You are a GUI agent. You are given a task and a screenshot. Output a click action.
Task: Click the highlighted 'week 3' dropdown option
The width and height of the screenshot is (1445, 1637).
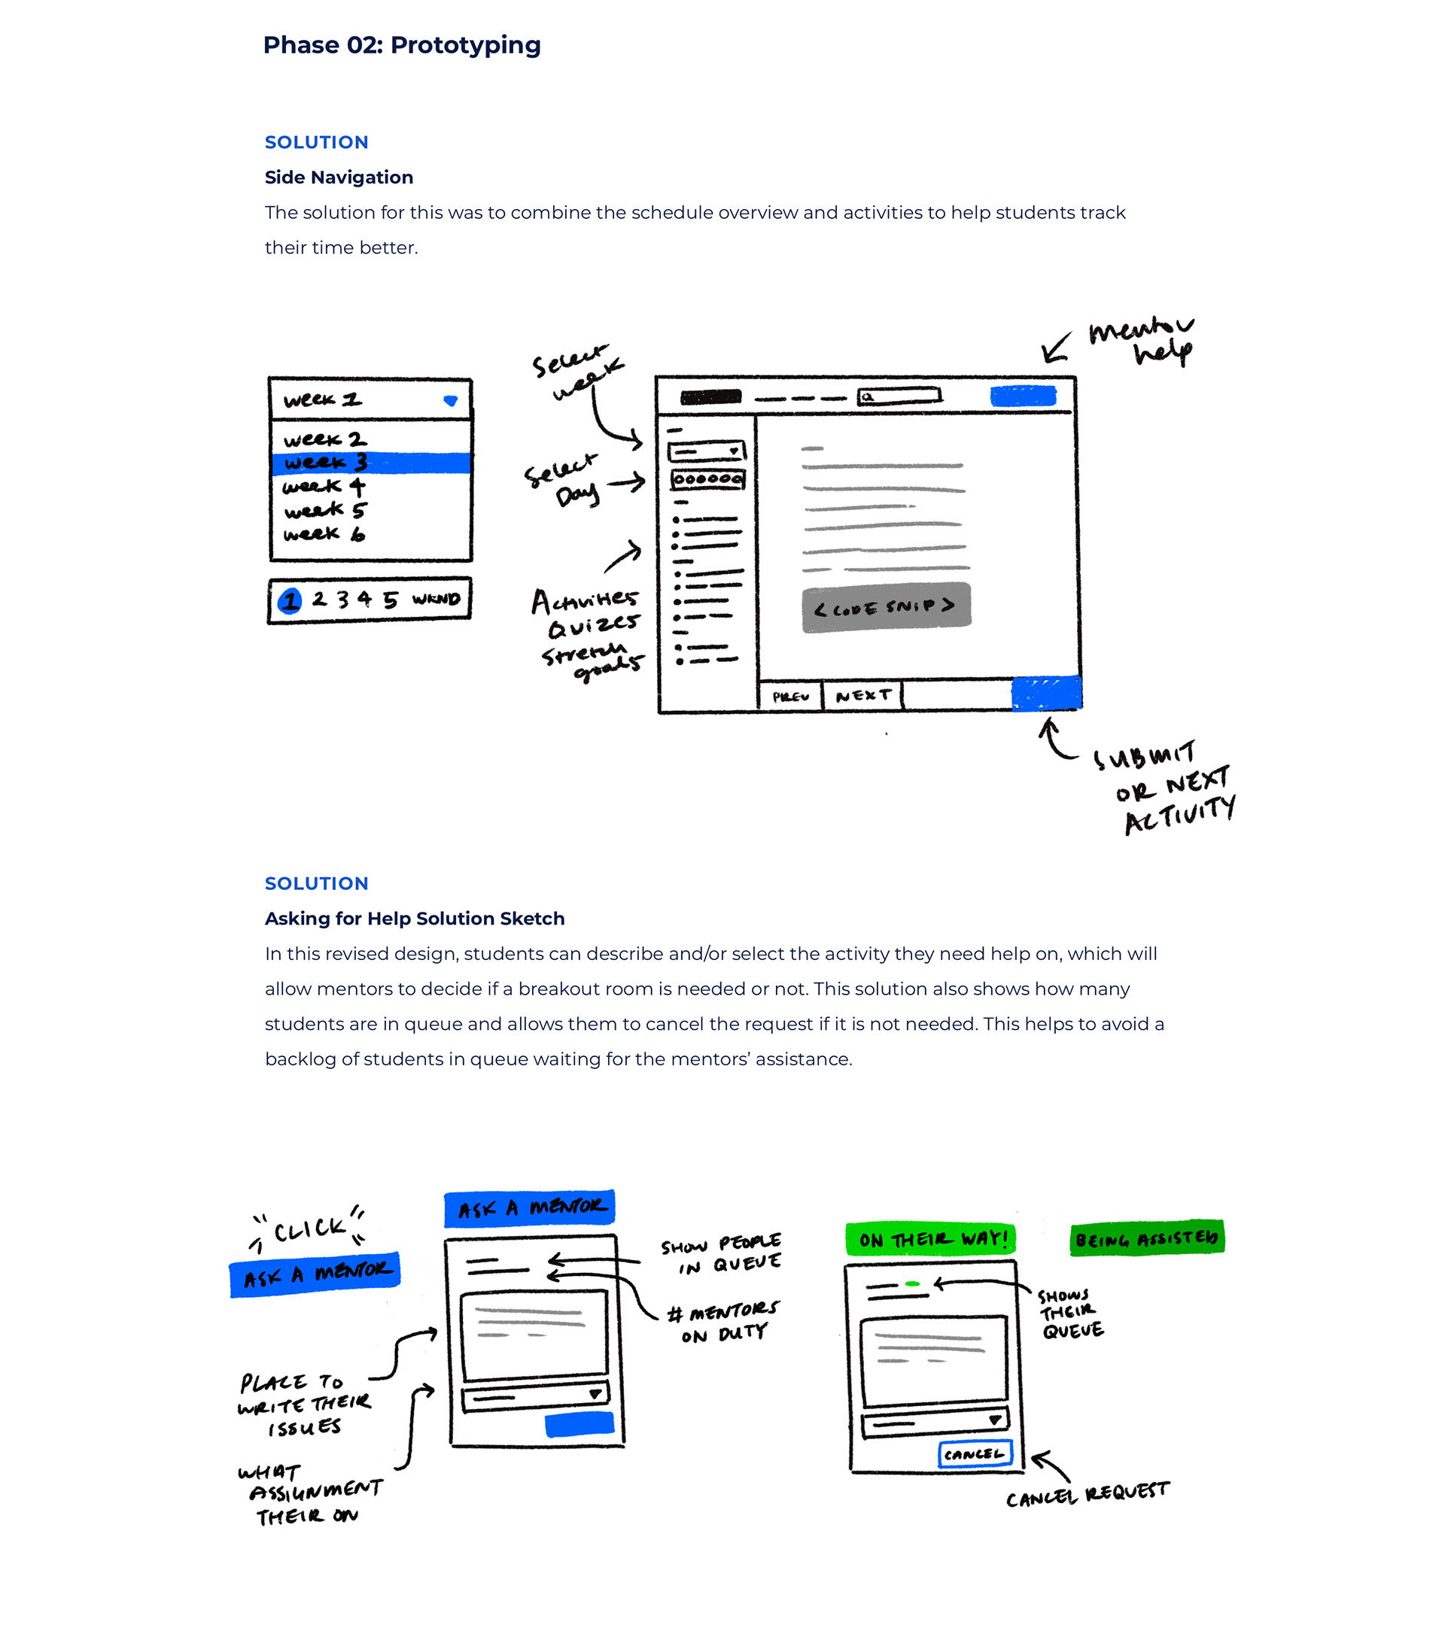pos(370,463)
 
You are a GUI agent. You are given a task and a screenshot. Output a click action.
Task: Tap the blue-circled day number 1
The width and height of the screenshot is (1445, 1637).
pos(290,600)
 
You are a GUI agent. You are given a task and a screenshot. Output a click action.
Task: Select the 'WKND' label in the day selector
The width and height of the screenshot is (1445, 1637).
pos(436,599)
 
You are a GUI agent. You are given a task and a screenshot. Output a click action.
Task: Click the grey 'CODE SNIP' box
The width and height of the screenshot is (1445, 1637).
pos(886,607)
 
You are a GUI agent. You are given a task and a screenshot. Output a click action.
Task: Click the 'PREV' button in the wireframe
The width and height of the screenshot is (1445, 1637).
pos(790,696)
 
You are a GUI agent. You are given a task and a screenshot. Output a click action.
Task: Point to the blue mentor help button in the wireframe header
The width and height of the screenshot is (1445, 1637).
pos(1023,396)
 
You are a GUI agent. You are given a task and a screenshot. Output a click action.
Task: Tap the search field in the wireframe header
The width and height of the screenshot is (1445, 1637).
pos(899,396)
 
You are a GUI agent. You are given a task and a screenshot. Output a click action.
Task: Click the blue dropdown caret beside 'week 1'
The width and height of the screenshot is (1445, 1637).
pos(450,400)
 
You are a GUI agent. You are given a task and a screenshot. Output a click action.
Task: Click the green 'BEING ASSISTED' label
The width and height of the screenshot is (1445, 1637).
pos(1146,1239)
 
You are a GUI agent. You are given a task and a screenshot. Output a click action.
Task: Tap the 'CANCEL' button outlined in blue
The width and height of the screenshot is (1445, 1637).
pos(975,1453)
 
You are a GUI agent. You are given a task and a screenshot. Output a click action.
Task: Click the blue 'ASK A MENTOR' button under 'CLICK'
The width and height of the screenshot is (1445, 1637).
pos(315,1274)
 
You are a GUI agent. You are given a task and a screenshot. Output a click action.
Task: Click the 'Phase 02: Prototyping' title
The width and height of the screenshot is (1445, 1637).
pos(401,45)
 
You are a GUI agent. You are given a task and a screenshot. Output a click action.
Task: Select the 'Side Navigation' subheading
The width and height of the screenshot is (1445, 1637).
pos(339,177)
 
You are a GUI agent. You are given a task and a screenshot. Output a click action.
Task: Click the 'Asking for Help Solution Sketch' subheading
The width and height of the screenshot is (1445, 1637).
pos(414,919)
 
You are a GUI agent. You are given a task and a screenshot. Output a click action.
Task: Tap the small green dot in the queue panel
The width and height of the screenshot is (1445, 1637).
pos(911,1284)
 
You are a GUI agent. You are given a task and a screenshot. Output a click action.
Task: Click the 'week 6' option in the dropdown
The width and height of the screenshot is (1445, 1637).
pos(324,534)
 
